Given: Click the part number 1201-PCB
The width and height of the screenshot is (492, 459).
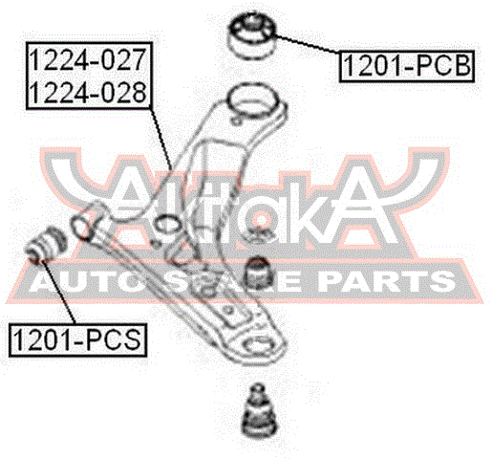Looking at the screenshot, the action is click(x=407, y=66).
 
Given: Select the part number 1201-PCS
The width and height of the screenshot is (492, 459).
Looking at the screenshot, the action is click(x=77, y=339).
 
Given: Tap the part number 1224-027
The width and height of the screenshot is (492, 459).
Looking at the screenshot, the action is click(x=88, y=59).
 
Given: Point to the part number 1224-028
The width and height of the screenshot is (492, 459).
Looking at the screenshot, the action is click(x=88, y=93).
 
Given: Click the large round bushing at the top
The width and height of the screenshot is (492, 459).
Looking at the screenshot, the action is click(x=252, y=36).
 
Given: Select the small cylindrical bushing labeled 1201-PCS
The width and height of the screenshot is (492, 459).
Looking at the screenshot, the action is click(x=46, y=245).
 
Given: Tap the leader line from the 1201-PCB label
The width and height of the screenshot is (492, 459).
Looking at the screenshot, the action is click(x=307, y=45).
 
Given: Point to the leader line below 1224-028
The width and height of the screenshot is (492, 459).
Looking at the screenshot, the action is click(x=160, y=139).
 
